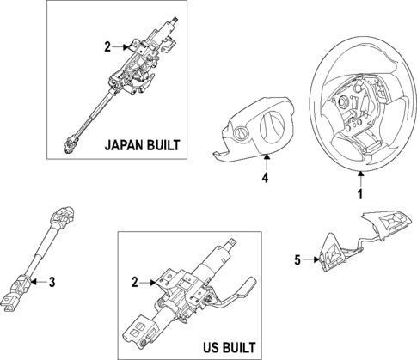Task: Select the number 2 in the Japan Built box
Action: [107, 48]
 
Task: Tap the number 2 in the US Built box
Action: [135, 281]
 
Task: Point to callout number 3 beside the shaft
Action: [52, 280]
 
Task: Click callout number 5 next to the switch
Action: [298, 257]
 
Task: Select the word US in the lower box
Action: [204, 347]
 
